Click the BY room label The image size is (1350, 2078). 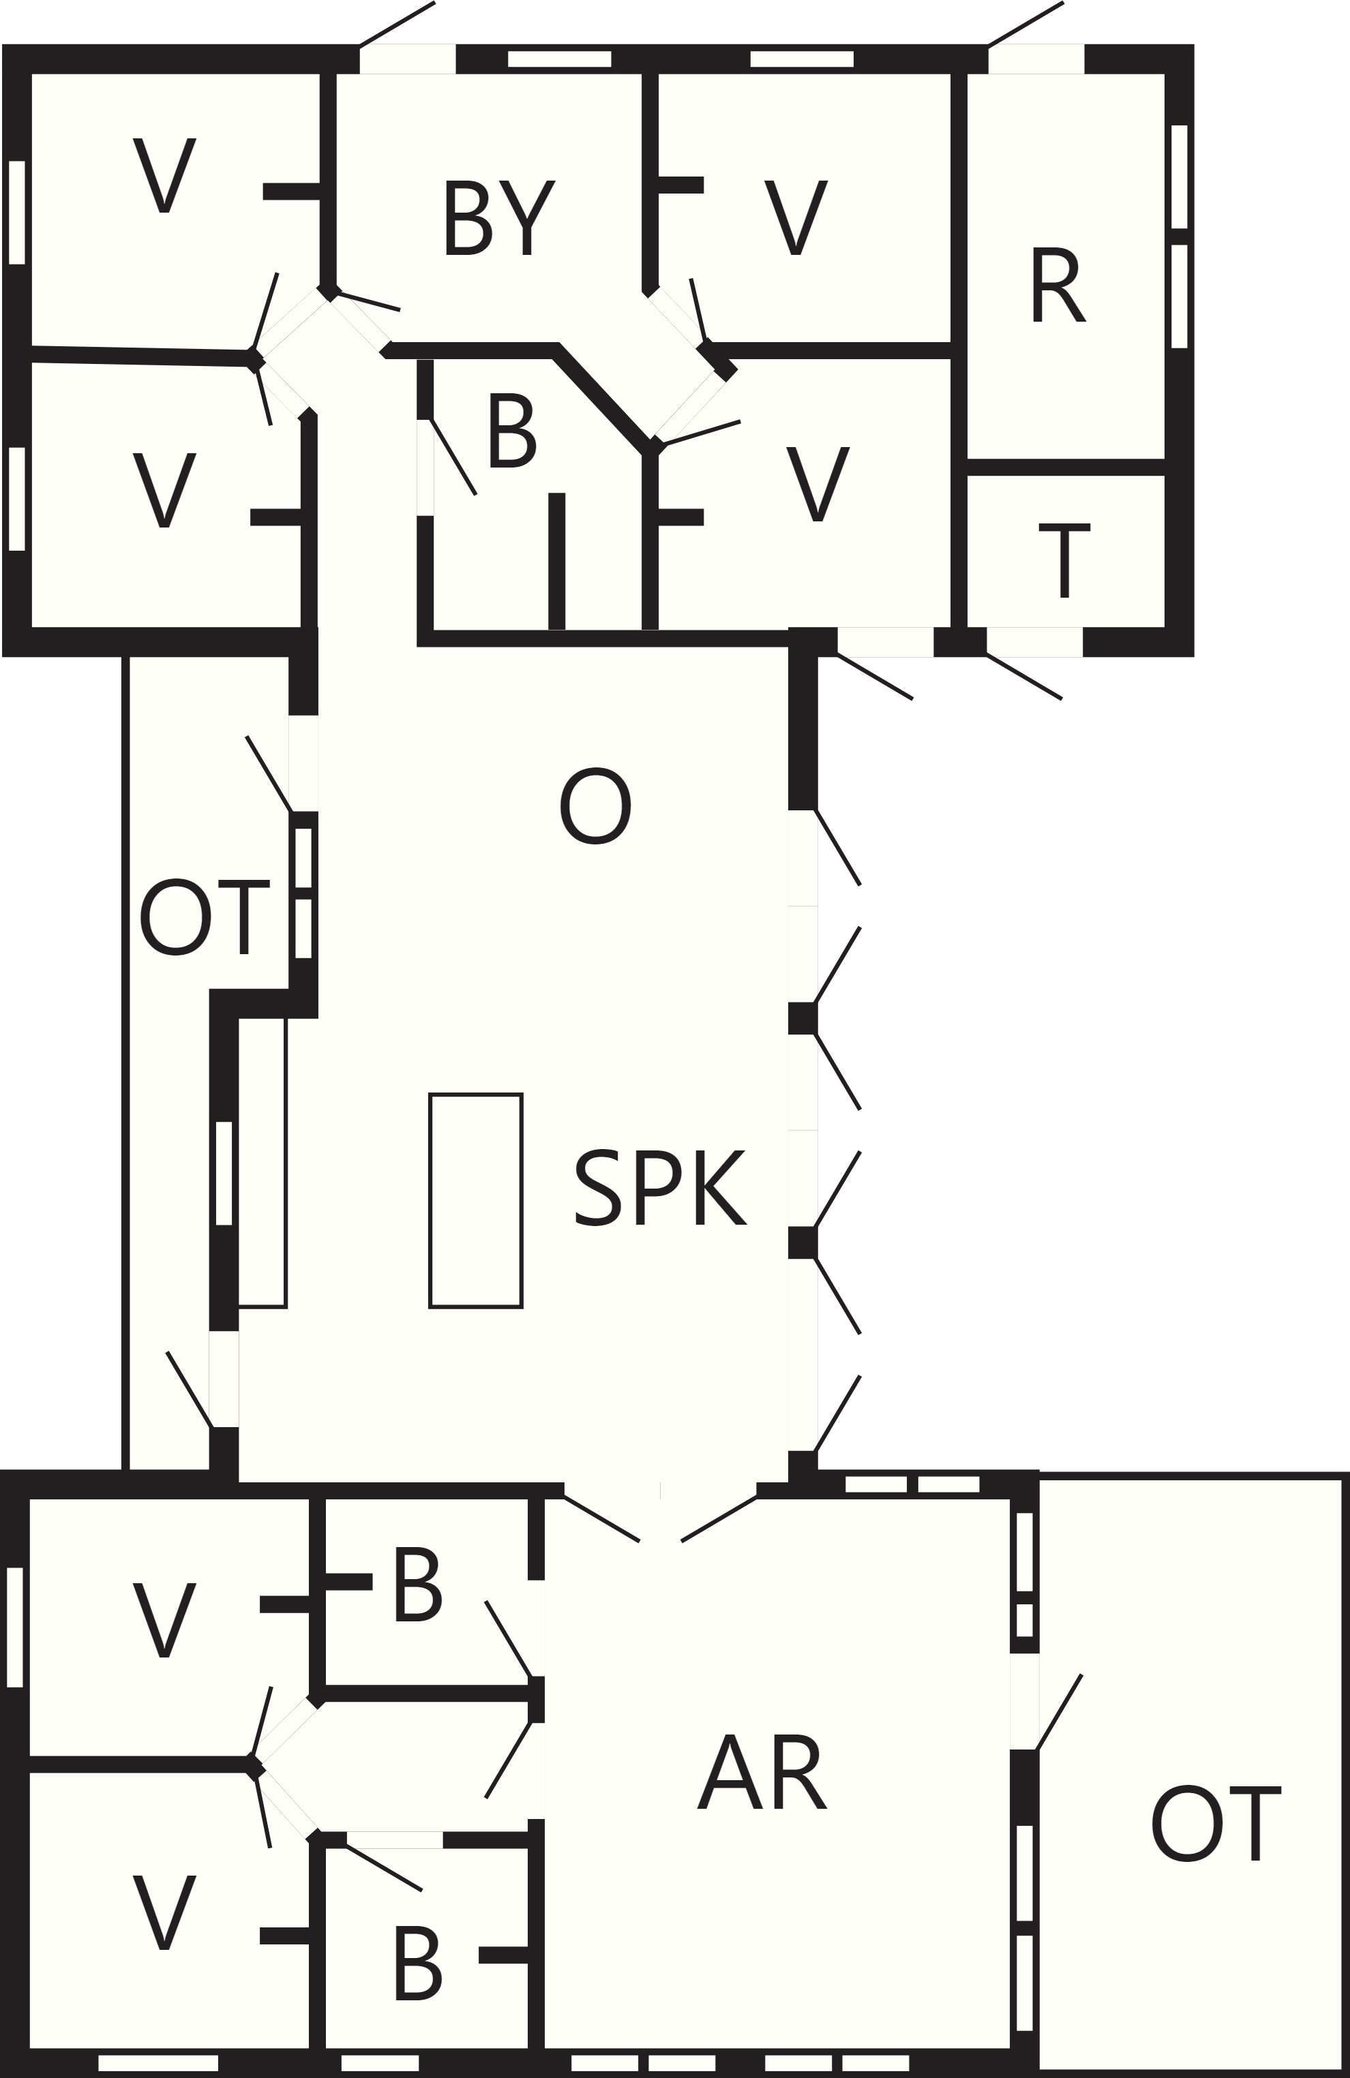coord(500,217)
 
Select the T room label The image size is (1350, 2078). coord(1064,560)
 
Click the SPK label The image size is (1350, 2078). coord(661,1187)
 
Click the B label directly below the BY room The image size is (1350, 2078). coord(513,431)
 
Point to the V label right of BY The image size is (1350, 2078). coord(796,217)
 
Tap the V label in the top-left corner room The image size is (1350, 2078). coord(164,174)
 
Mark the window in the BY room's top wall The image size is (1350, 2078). coord(560,59)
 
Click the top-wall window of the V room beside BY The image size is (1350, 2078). coord(802,59)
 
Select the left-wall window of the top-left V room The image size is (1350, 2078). coord(16,212)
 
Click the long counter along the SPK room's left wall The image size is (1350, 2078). coord(262,1162)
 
